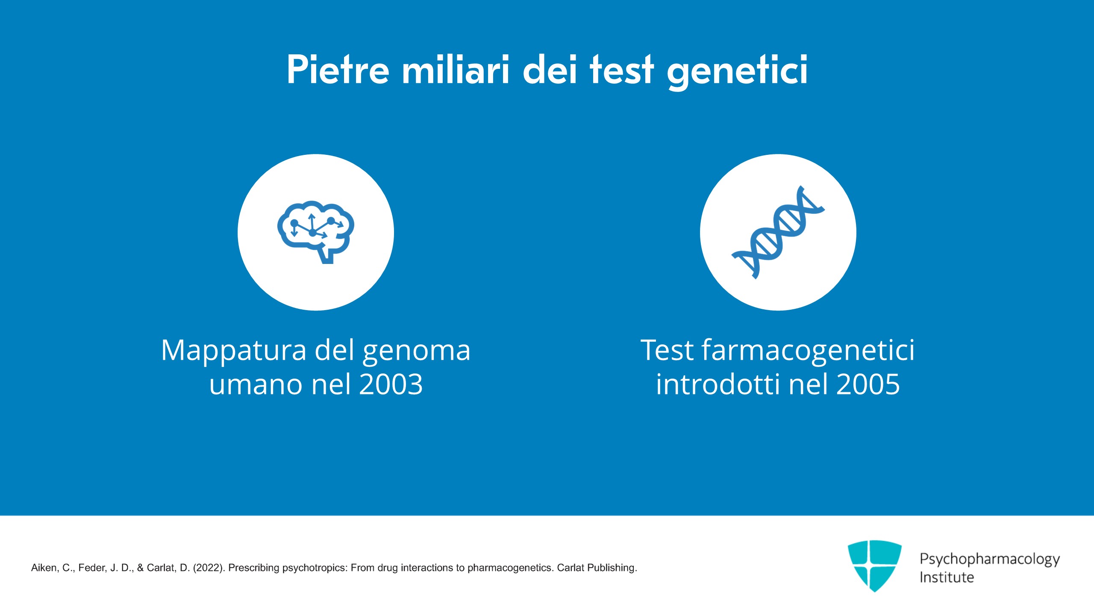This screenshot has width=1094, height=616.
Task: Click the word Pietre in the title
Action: tap(338, 69)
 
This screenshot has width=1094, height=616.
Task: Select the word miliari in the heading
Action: tap(456, 69)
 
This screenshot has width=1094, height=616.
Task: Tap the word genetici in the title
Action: tap(737, 72)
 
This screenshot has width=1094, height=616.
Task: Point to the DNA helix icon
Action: tap(778, 232)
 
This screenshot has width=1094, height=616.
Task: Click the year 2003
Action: tap(391, 384)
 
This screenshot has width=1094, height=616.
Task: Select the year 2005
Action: tap(868, 384)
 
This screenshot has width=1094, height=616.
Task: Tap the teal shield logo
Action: tap(875, 566)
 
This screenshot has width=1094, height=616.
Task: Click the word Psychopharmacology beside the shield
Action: tap(990, 560)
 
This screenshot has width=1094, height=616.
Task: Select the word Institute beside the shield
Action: tap(947, 577)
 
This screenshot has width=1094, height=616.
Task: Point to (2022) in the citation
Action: tap(209, 568)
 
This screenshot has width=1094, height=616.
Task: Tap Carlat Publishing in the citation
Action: tap(597, 568)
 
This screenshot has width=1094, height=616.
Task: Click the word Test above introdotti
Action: tap(667, 350)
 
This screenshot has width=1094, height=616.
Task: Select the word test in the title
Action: tap(622, 69)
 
